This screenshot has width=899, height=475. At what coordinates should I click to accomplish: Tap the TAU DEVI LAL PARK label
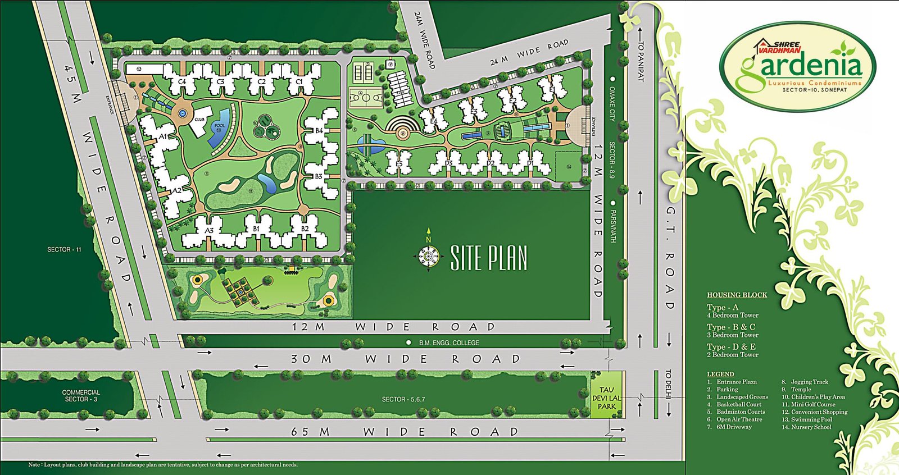click(607, 398)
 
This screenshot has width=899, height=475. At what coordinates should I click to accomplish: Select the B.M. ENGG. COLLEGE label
click(449, 342)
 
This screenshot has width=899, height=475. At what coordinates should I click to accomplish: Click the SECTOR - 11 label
click(64, 249)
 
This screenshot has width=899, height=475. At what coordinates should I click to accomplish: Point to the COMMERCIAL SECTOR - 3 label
click(81, 396)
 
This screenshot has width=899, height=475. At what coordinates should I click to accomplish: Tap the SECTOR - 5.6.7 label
click(403, 399)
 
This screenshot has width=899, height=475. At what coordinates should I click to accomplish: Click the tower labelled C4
click(181, 82)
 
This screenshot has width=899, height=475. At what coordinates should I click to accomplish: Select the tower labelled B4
click(319, 130)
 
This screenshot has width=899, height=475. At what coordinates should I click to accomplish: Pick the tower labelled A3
click(209, 230)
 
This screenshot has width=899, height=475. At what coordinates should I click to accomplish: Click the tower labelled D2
click(490, 163)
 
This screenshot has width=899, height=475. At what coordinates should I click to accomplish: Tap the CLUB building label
click(199, 120)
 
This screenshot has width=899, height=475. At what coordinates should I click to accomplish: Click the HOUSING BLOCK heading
click(737, 295)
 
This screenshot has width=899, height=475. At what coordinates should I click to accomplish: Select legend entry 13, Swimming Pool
click(811, 419)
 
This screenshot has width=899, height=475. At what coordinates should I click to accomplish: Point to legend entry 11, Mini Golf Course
click(813, 404)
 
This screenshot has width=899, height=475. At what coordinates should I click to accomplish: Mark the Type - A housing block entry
click(723, 308)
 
